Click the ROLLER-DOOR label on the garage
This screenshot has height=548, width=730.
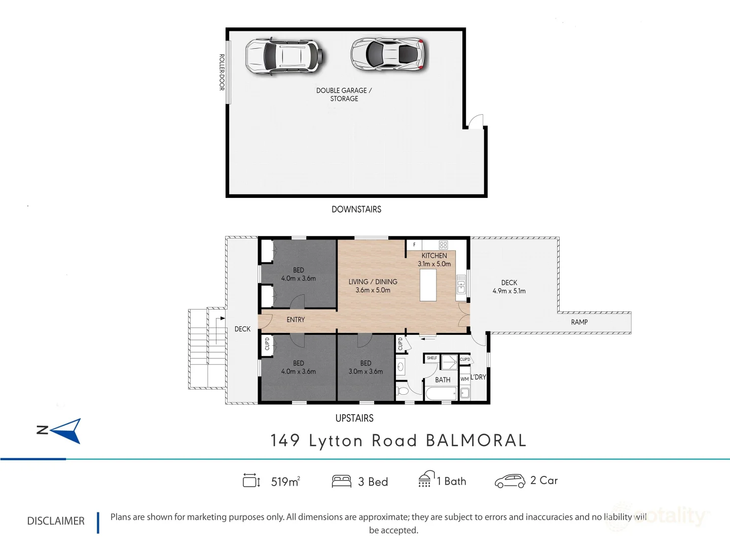222,72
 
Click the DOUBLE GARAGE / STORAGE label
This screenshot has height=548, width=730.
344,94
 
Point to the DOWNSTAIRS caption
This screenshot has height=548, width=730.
356,209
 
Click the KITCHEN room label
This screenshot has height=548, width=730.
434,256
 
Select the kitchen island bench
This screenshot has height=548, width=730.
428,285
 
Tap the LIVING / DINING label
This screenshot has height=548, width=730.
373,282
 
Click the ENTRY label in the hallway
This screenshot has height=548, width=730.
296,320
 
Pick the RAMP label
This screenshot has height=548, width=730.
579,322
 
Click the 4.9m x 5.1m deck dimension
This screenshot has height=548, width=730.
509,291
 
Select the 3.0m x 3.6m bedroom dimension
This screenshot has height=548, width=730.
366,371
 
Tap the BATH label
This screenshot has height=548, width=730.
443,380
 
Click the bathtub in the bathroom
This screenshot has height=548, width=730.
441,394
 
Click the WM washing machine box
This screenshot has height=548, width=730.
464,379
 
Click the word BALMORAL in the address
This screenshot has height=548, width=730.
476,440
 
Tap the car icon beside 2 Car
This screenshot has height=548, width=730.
509,481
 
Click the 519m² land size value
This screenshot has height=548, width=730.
285,482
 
